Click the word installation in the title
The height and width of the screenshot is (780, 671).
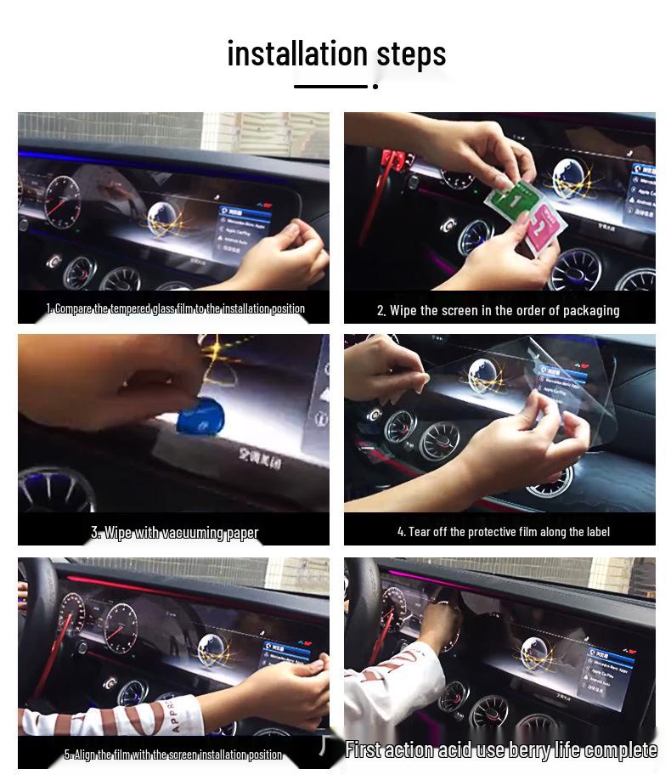[x=297, y=54]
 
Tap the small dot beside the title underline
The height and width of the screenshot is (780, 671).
[x=375, y=86]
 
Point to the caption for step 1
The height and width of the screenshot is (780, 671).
[x=175, y=308]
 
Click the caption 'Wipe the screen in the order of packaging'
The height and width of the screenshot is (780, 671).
[x=499, y=310]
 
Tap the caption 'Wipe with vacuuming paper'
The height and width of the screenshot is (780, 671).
[x=175, y=533]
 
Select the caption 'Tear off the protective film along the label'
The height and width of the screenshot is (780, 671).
[x=503, y=532]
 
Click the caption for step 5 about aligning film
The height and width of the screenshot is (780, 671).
[x=173, y=755]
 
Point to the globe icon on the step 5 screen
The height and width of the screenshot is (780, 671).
[x=212, y=653]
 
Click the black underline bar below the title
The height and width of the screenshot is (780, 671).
[x=330, y=86]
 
